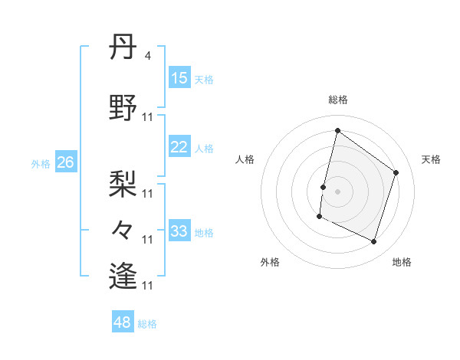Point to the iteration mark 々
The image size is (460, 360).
click(123, 229)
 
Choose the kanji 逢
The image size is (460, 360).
click(123, 274)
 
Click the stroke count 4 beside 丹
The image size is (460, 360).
click(147, 56)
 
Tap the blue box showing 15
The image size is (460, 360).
click(179, 78)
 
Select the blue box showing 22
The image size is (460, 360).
click(179, 147)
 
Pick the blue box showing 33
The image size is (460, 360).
click(179, 231)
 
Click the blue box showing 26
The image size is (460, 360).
click(65, 162)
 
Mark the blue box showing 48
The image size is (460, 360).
click(122, 322)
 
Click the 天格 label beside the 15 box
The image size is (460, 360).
click(203, 80)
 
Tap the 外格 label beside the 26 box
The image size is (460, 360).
click(41, 163)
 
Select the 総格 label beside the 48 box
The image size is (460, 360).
click(147, 324)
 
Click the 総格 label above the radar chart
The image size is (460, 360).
click(337, 100)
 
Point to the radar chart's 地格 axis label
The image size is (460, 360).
click(402, 262)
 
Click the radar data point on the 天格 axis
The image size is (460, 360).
click(396, 172)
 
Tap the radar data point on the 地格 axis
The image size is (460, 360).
click(373, 242)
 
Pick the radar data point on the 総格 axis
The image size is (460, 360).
click(337, 131)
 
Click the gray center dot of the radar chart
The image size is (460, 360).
click(337, 191)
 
